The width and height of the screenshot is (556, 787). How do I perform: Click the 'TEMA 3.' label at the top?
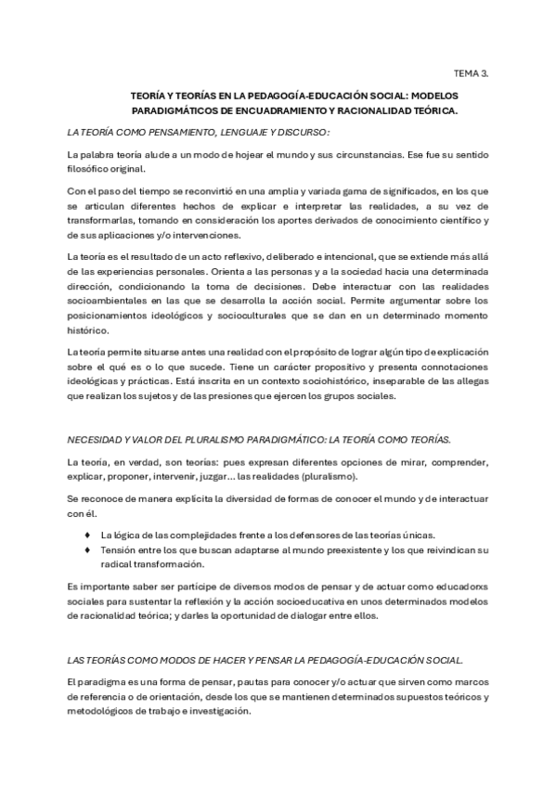tap(472, 71)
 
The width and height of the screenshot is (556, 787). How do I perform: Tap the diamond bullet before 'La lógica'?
tap(87, 534)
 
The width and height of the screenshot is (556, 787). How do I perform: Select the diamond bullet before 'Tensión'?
tap(87, 548)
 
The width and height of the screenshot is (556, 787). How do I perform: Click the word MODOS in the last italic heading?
tap(177, 660)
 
